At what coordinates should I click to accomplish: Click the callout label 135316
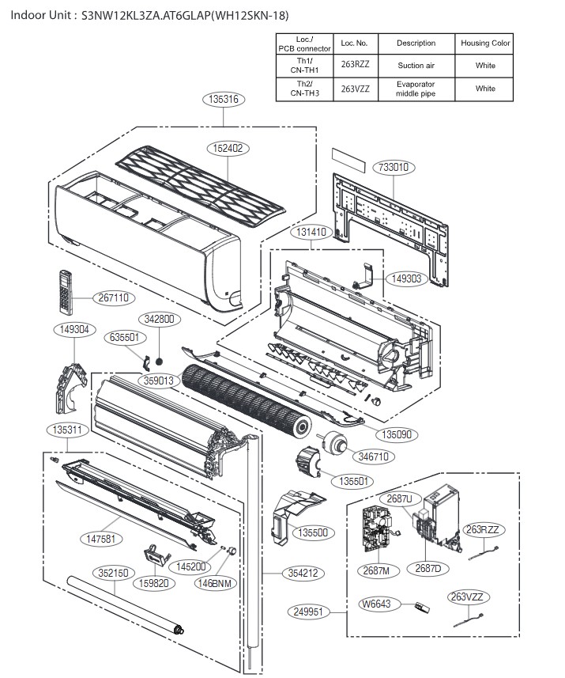point(224,100)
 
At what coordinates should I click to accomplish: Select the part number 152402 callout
point(227,147)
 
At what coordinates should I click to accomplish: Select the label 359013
point(158,381)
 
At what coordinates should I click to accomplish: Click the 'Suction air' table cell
point(416,66)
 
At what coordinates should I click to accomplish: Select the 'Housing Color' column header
point(485,43)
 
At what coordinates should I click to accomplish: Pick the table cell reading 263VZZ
point(355,89)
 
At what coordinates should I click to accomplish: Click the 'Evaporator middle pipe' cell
point(416,89)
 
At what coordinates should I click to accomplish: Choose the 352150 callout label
point(114,572)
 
